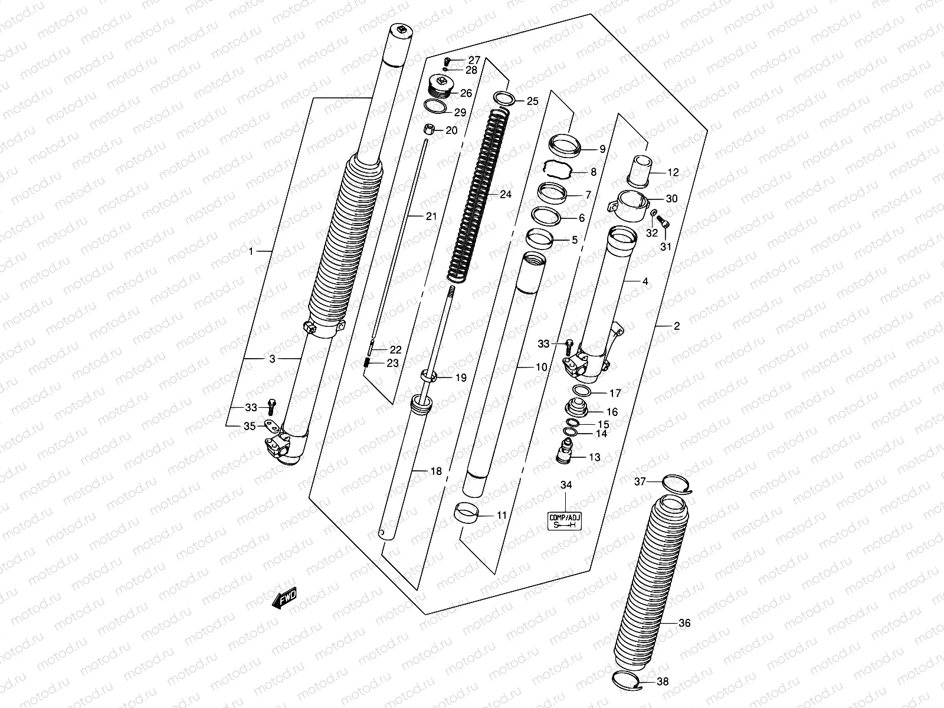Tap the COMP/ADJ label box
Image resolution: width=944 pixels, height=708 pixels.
point(565,521)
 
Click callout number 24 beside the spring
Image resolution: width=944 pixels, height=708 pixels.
point(506,194)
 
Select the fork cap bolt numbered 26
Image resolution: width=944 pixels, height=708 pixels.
point(440,88)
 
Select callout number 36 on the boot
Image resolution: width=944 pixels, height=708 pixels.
point(684,623)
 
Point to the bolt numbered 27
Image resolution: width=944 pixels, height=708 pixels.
point(448,60)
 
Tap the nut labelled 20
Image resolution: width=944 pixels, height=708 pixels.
point(430,129)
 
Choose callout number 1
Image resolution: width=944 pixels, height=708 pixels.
point(251,252)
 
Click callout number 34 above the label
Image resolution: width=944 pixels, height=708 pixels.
point(566,485)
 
